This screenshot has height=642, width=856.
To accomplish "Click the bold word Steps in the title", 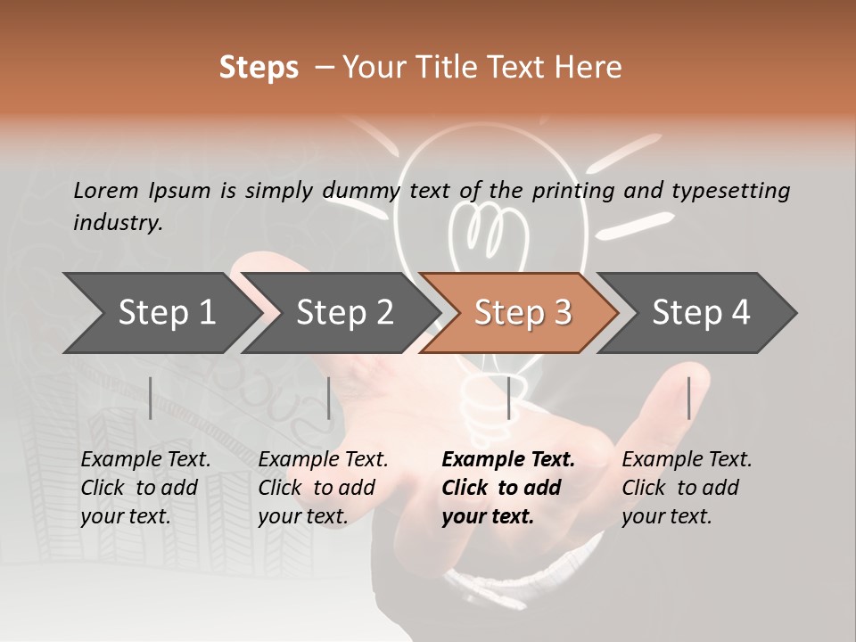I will pos(259,68).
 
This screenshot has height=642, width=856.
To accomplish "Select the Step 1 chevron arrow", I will pos(160,313).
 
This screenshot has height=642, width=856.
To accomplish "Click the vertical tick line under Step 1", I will pos(151,398).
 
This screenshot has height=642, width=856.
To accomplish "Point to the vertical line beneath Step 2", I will pos(329,398).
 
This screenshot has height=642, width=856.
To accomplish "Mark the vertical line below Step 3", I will pos(509,398).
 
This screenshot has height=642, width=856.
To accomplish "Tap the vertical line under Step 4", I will pos(688,398).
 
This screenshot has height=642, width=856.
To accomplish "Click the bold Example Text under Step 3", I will pos(507,488).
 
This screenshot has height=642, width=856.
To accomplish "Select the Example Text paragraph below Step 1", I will pos(145,488).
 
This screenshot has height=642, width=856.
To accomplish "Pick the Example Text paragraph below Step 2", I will pos(323,488).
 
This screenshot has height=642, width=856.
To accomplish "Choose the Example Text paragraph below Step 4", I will pos(687,488).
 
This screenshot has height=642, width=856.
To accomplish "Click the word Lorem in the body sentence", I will pos(105,190).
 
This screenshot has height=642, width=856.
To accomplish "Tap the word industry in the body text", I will pos(117,223).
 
